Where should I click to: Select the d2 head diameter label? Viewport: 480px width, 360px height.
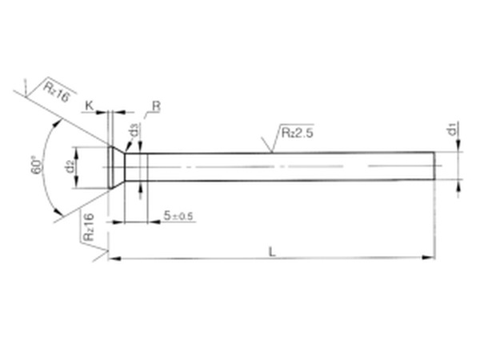pyautogui.click(x=70, y=166)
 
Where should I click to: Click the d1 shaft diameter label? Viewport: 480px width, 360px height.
pyautogui.click(x=452, y=128)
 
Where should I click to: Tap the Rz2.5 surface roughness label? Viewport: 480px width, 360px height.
pyautogui.click(x=296, y=133)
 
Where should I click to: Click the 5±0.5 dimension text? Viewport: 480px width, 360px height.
pyautogui.click(x=178, y=217)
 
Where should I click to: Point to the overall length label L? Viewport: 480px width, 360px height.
pyautogui.click(x=272, y=251)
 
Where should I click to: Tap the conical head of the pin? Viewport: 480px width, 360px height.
pyautogui.click(x=118, y=166)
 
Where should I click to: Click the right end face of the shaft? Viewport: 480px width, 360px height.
pyautogui.click(x=436, y=166)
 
